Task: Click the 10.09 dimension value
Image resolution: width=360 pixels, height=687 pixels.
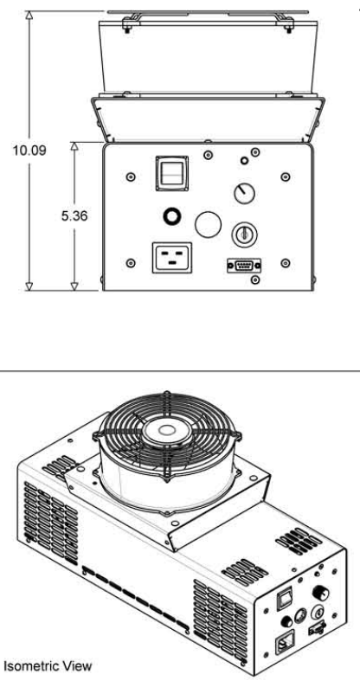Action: pyautogui.click(x=29, y=151)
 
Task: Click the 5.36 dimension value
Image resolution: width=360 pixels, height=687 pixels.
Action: pyautogui.click(x=74, y=215)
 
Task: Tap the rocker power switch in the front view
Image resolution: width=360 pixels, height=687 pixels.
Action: pyautogui.click(x=172, y=173)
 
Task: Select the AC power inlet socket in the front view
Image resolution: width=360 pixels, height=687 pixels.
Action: pyautogui.click(x=172, y=258)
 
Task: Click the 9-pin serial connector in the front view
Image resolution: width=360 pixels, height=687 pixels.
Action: pyautogui.click(x=244, y=266)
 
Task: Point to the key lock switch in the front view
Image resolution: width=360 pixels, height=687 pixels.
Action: pyautogui.click(x=244, y=234)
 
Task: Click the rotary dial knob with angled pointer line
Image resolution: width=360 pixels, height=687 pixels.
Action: pyautogui.click(x=244, y=193)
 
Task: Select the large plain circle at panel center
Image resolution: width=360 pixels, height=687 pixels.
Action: pyautogui.click(x=208, y=224)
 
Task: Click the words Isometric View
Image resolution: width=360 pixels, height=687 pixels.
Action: pyautogui.click(x=48, y=666)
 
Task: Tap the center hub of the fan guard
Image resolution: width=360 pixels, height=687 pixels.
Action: pyautogui.click(x=167, y=431)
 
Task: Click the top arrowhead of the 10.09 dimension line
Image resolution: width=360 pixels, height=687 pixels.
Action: pyautogui.click(x=29, y=15)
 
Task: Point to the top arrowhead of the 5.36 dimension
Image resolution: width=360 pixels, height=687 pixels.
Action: pyautogui.click(x=74, y=146)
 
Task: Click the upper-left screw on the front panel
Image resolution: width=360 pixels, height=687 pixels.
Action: pyautogui.click(x=130, y=177)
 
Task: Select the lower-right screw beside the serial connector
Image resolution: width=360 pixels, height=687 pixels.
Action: pyautogui.click(x=286, y=263)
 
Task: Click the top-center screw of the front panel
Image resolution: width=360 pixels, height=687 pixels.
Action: pyautogui.click(x=209, y=155)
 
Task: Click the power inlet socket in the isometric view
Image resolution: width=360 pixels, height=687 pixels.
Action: pyautogui.click(x=285, y=642)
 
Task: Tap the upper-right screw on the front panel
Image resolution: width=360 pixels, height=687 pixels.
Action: pyautogui.click(x=286, y=177)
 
